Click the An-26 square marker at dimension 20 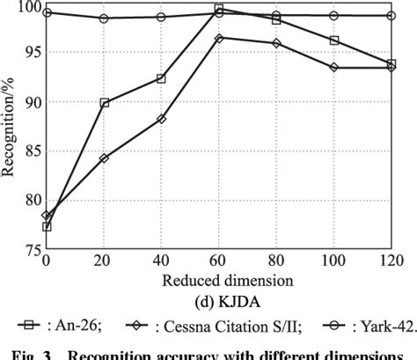click(x=105, y=103)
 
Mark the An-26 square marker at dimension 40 click(x=161, y=78)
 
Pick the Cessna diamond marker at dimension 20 click(x=105, y=158)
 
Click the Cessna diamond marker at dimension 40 click(x=161, y=119)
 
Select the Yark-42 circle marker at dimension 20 click(x=105, y=18)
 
